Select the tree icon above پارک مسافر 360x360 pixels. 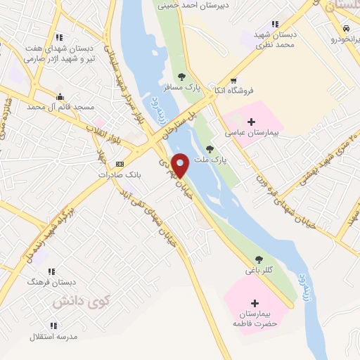(x=183, y=76)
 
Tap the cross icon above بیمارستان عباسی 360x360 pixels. (x=251, y=122)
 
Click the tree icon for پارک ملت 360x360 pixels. (x=210, y=148)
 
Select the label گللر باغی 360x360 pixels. (x=259, y=269)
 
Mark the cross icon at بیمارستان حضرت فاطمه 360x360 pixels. (x=255, y=302)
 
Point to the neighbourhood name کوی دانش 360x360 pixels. (x=72, y=301)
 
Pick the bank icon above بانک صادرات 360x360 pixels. (x=117, y=163)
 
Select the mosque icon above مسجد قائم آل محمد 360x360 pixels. (x=60, y=96)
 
